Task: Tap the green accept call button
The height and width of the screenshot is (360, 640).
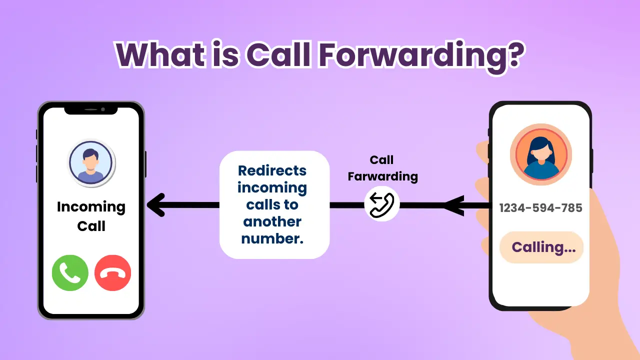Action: click(70, 272)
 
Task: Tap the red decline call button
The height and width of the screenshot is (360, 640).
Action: click(112, 272)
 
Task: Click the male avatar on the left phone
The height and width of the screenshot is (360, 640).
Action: click(91, 163)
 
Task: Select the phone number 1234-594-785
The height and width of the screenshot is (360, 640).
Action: click(540, 208)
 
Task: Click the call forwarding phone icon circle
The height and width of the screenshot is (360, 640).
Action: click(382, 204)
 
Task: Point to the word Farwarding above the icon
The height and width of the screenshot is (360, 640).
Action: click(382, 176)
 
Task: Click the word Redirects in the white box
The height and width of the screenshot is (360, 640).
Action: click(272, 170)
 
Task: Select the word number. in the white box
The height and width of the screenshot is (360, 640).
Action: click(272, 238)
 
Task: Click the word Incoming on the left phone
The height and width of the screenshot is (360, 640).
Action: click(91, 206)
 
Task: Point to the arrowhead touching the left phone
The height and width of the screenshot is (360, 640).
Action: click(156, 205)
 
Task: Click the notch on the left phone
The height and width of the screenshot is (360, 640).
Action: click(91, 109)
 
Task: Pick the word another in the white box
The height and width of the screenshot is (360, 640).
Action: click(272, 221)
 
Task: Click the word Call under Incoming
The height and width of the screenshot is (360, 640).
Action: click(91, 226)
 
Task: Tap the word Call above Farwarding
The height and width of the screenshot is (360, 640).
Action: click(382, 160)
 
